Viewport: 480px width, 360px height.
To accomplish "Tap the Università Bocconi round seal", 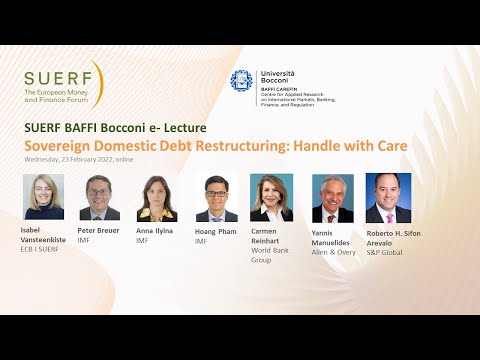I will click(x=241, y=81).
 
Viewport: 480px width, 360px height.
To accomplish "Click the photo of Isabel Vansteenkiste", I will click(x=43, y=197).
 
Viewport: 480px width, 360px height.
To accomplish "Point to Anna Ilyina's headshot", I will click(x=157, y=198).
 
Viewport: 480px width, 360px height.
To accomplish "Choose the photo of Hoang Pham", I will click(x=216, y=198).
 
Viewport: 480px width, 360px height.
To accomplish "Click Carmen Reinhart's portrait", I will click(x=271, y=197).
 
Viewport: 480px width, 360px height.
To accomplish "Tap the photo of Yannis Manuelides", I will click(x=332, y=198).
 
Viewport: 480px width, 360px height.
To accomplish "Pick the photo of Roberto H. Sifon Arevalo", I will click(x=388, y=198).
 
